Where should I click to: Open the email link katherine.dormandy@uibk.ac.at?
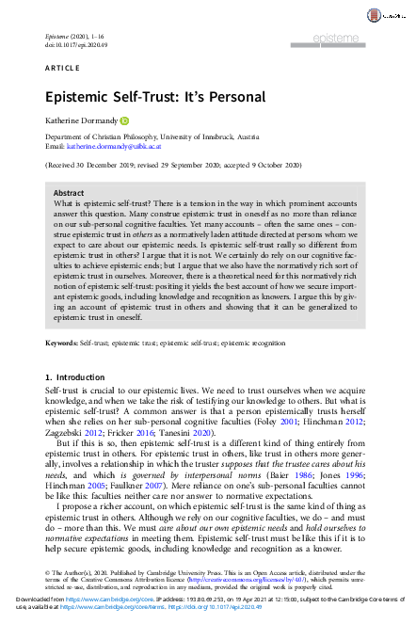click(111, 147)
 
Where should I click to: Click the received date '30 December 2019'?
click(109, 165)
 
